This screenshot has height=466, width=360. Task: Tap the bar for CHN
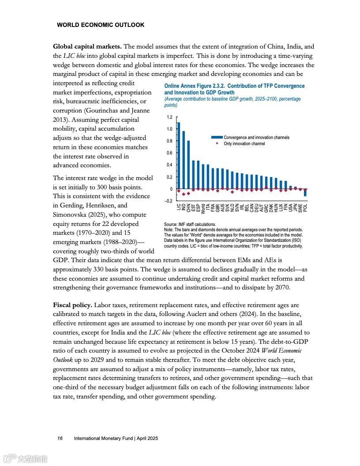[188, 165]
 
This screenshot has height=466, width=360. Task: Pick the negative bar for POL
[305, 192]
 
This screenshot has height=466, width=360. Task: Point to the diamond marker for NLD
[232, 192]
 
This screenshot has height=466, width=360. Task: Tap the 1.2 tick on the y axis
[170, 117]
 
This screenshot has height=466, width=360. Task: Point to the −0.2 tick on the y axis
[169, 201]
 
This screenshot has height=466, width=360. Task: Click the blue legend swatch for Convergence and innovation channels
[217, 138]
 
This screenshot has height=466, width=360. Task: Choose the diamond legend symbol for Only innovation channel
[217, 143]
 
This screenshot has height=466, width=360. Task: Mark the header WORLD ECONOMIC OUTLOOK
[101, 25]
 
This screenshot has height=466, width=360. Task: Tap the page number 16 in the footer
[60, 438]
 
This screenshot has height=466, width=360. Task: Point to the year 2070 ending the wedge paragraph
[280, 288]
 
